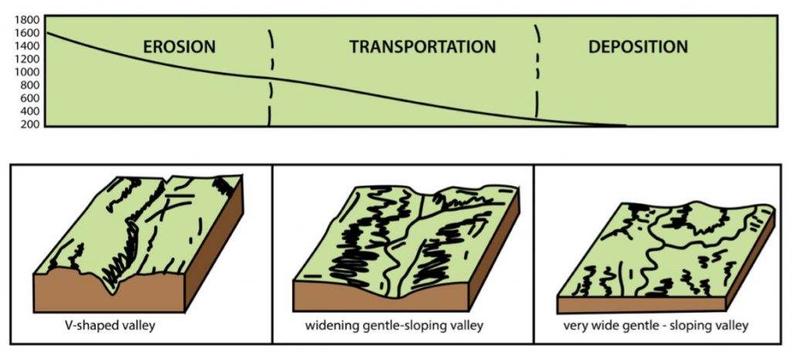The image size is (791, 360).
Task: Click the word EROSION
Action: pyautogui.click(x=179, y=47)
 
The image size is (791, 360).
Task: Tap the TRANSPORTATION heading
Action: pyautogui.click(x=422, y=47)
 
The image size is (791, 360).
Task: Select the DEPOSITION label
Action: pyautogui.click(x=637, y=47)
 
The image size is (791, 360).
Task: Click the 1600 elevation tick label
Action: pyautogui.click(x=28, y=32)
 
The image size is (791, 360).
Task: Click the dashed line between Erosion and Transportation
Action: pyautogui.click(x=270, y=77)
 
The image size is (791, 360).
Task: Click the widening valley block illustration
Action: pyautogui.click(x=406, y=247)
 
